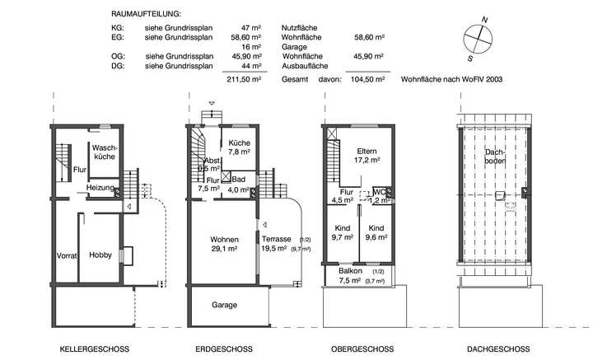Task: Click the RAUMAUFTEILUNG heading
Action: [145, 15]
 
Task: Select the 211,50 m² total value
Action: [245, 81]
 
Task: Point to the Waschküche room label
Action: [105, 151]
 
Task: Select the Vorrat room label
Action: [67, 255]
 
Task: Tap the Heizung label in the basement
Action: [100, 189]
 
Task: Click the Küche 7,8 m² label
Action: [239, 147]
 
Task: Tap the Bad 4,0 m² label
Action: [239, 185]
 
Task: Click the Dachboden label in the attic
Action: [495, 156]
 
